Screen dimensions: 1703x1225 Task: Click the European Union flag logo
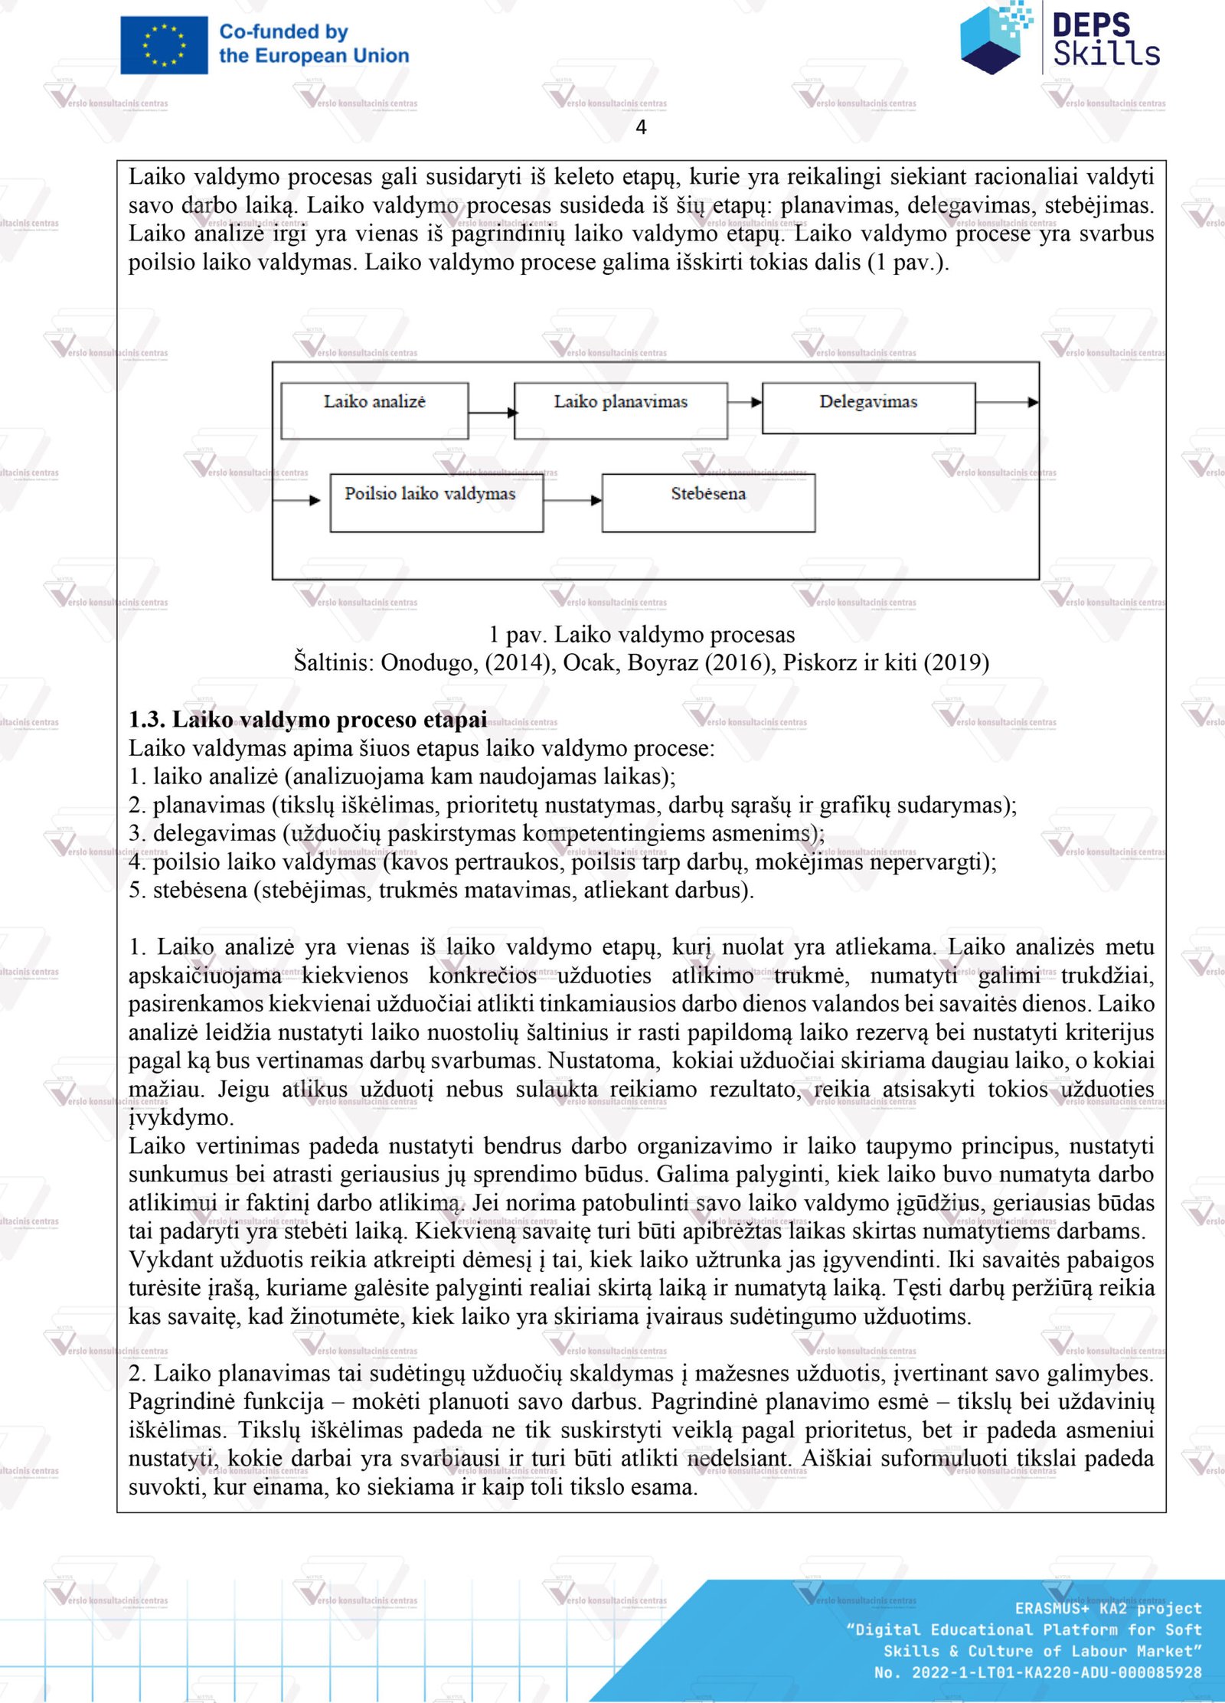pos(164,45)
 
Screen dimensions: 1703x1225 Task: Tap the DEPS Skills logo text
pos(1105,40)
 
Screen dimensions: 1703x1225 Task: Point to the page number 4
pos(641,127)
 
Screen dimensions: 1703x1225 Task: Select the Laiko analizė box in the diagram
pos(374,410)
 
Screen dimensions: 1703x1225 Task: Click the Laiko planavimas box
pos(620,410)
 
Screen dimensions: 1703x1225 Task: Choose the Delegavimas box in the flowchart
pos(868,407)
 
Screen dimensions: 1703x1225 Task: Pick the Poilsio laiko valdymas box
pos(436,502)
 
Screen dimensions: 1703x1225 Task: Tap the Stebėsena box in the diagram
pos(708,502)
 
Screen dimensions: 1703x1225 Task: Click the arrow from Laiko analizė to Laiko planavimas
pos(492,413)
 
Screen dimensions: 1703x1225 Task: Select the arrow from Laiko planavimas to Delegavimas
pos(744,402)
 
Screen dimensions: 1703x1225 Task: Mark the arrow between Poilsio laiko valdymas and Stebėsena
pos(573,500)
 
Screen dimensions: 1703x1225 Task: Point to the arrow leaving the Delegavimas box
pos(1007,402)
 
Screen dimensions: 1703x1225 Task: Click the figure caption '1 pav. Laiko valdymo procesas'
pos(642,634)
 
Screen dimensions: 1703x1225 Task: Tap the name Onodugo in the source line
pos(430,662)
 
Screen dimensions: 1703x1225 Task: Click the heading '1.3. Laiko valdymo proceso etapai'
pos(308,720)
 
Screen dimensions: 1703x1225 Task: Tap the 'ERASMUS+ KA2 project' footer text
pos(1108,1608)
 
